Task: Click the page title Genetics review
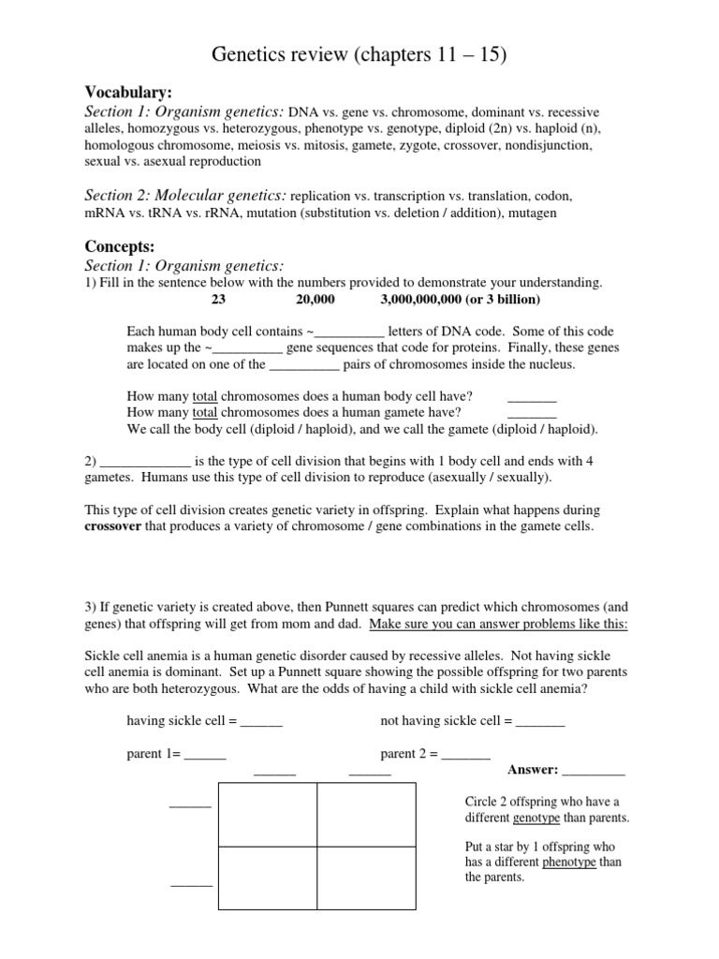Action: [360, 55]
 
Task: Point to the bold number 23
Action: [218, 300]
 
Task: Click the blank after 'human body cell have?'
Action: [532, 399]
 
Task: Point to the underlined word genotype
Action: [536, 818]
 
